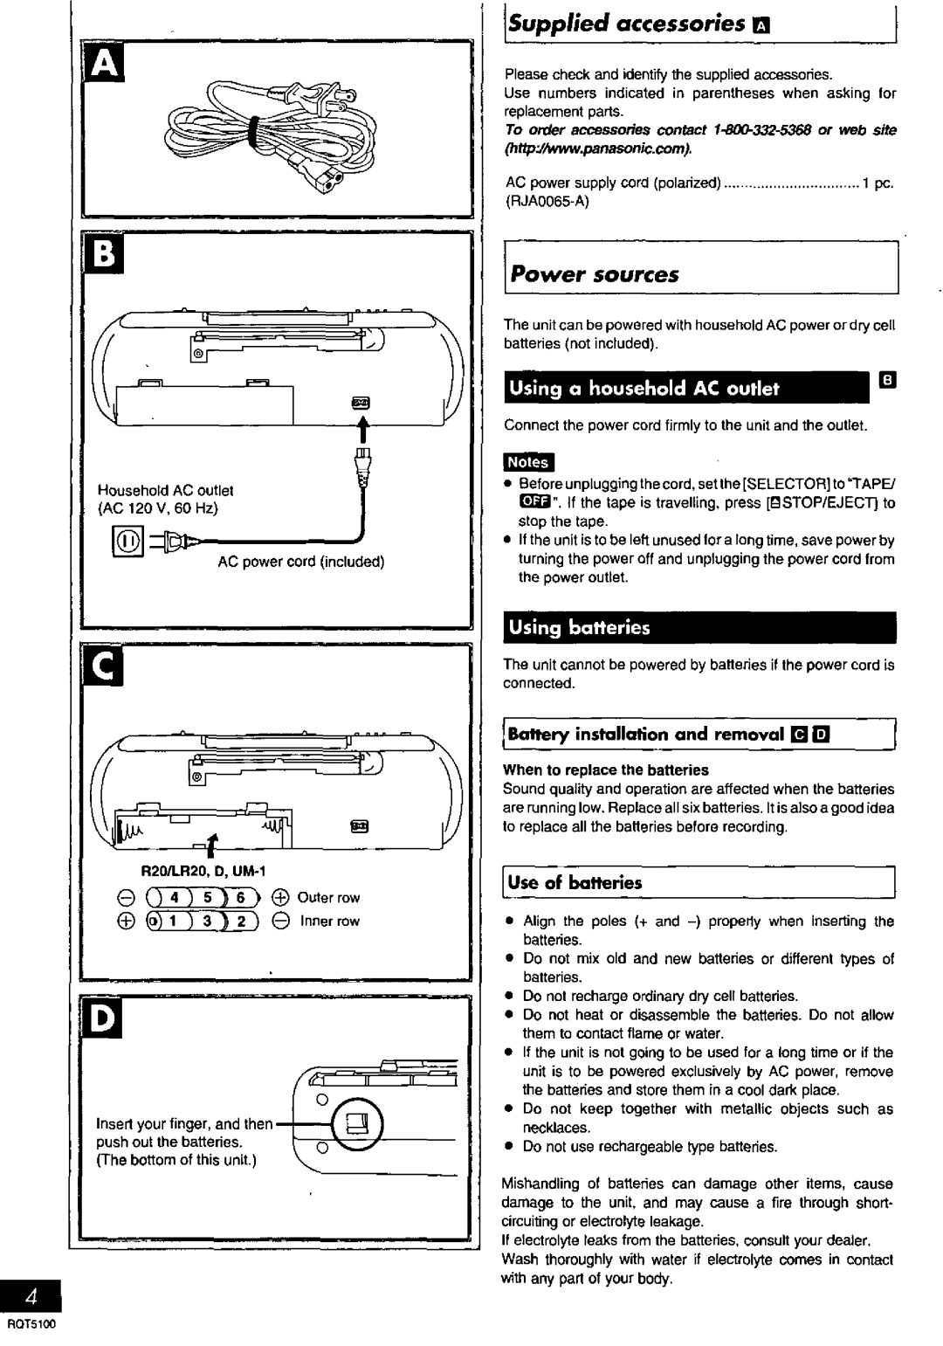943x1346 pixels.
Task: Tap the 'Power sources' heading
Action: pyautogui.click(x=595, y=275)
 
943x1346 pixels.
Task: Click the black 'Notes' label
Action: pyautogui.click(x=528, y=462)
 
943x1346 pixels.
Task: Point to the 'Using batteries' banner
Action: pyautogui.click(x=580, y=627)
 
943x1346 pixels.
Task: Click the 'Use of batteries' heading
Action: pyautogui.click(x=575, y=883)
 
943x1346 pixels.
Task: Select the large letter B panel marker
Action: pyautogui.click(x=104, y=256)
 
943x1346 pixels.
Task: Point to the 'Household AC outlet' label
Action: pyautogui.click(x=165, y=491)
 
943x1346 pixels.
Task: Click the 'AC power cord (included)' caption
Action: pyautogui.click(x=301, y=561)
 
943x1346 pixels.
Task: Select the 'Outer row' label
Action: pyautogui.click(x=328, y=898)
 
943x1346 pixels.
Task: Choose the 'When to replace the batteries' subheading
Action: pyautogui.click(x=605, y=770)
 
